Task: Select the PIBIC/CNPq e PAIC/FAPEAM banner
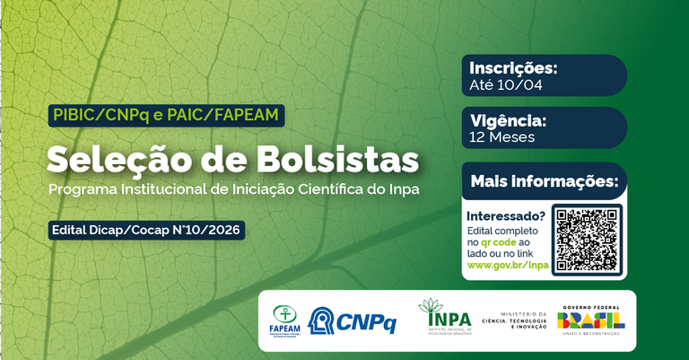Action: tap(167, 115)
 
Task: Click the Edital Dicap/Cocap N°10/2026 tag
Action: tap(146, 230)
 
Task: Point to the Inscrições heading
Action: tap(514, 68)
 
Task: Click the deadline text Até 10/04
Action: tap(506, 86)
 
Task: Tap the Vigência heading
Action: tap(508, 120)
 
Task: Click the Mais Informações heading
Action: tap(545, 182)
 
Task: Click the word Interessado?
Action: tap(506, 216)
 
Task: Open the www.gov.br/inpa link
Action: tap(508, 265)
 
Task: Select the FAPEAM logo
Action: tap(286, 320)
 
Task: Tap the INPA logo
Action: tap(443, 318)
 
